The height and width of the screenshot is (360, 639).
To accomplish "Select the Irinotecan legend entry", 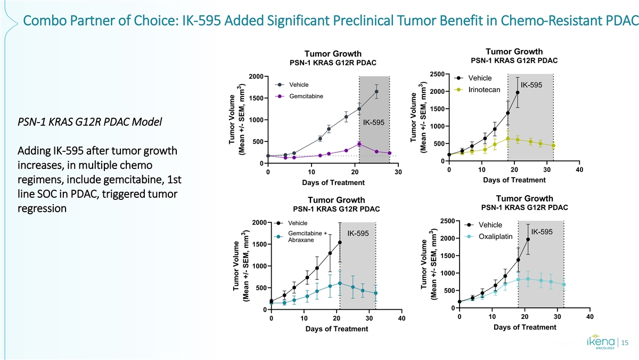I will [484, 89].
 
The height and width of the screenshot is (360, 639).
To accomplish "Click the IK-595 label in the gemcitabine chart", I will [373, 123].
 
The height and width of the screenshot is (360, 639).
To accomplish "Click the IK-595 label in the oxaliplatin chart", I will [542, 231].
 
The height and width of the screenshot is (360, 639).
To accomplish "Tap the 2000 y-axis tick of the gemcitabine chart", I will [255, 76].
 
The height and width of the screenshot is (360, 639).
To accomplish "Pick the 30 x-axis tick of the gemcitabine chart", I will [398, 172].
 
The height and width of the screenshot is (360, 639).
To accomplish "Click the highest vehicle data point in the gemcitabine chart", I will [376, 92].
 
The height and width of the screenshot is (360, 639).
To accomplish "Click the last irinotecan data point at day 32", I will [553, 146].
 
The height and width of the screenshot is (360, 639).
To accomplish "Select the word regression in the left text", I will [42, 209].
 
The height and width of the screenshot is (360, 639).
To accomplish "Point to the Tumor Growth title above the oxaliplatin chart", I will [524, 199].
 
